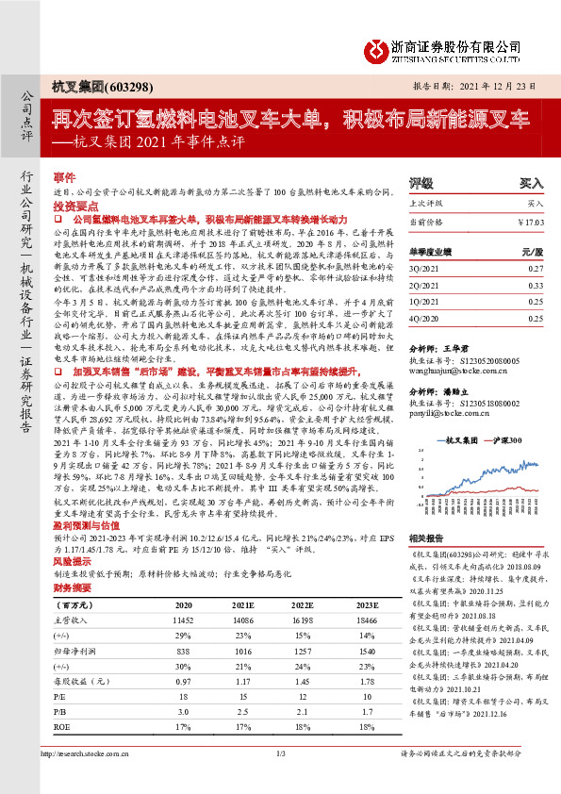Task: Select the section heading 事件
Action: click(64, 177)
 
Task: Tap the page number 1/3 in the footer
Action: click(280, 778)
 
